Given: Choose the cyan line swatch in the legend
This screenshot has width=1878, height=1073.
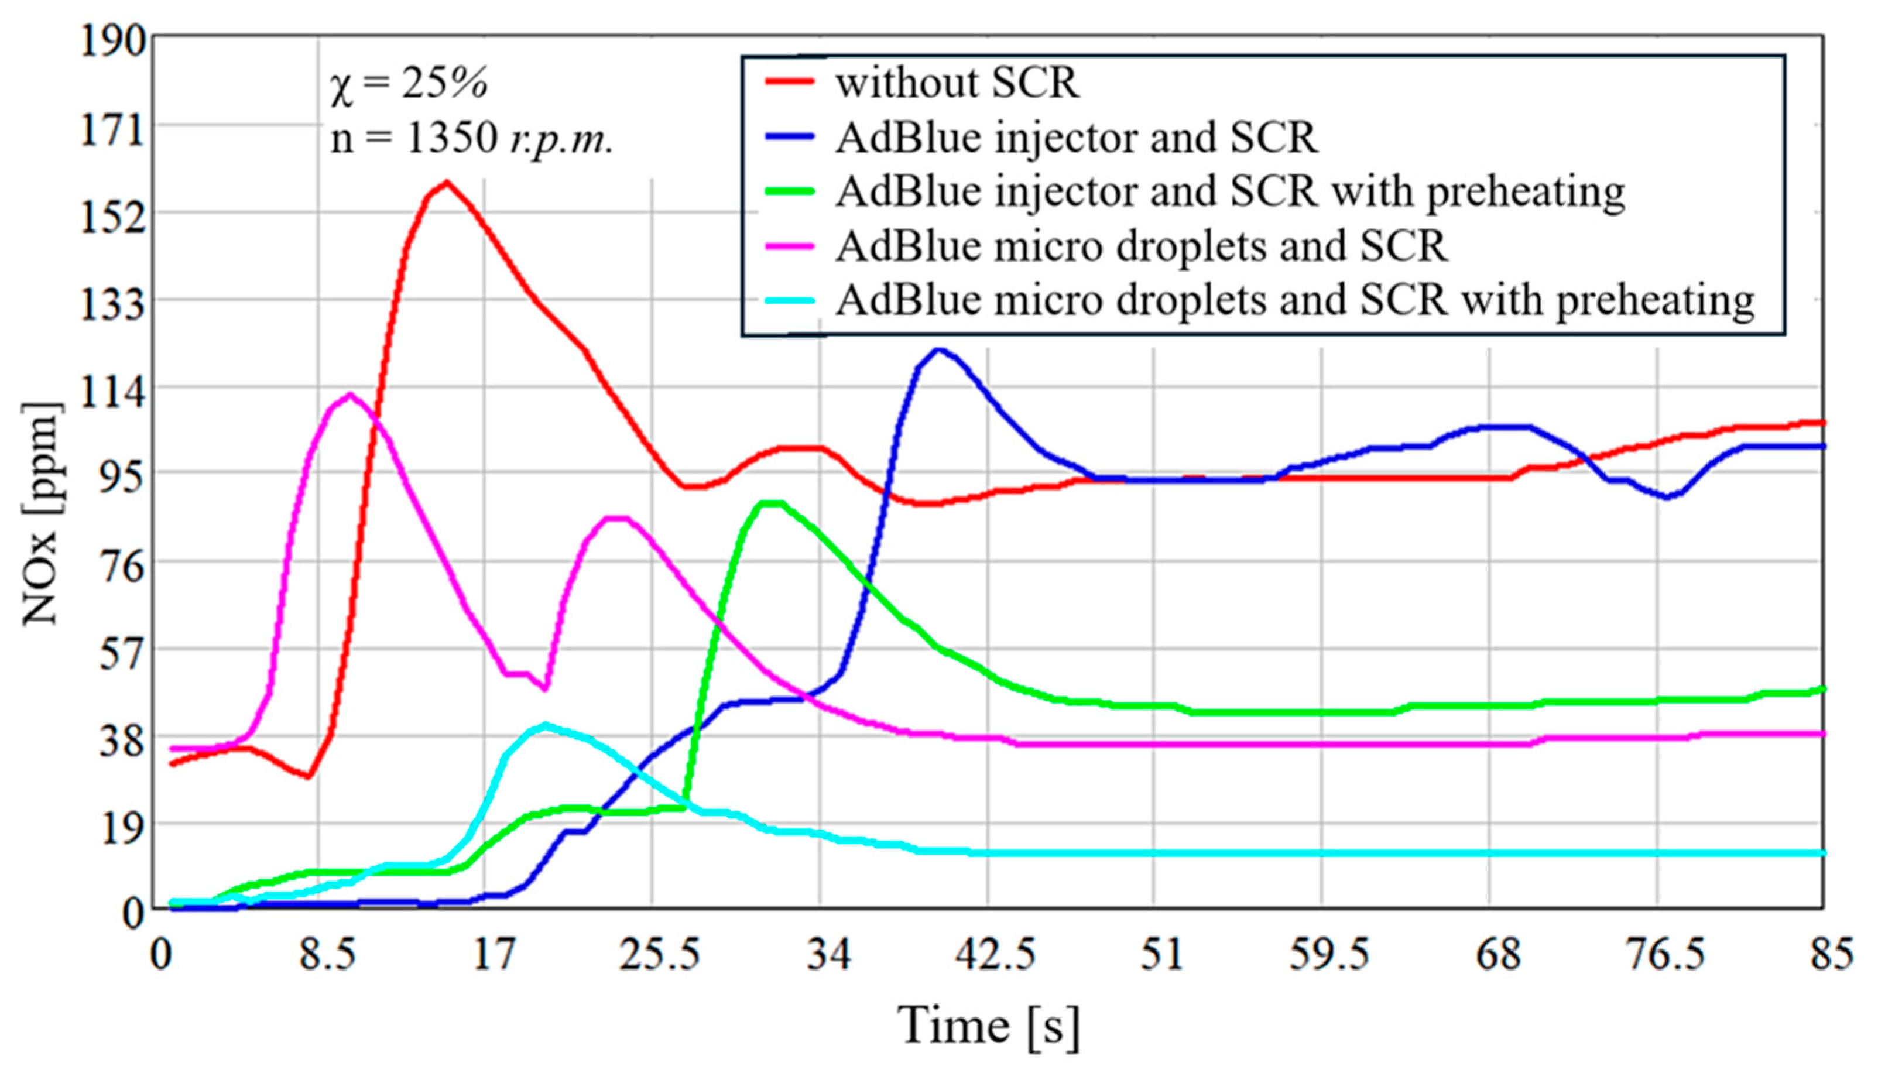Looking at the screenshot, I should [x=790, y=301].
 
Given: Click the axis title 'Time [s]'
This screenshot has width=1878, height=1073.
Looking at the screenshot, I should [x=987, y=1026].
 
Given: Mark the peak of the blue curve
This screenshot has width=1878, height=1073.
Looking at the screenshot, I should [x=938, y=349].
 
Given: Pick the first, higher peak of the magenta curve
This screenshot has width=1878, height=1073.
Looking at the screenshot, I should [x=350, y=395].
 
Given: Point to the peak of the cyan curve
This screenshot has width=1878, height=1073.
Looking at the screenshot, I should [x=544, y=725].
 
